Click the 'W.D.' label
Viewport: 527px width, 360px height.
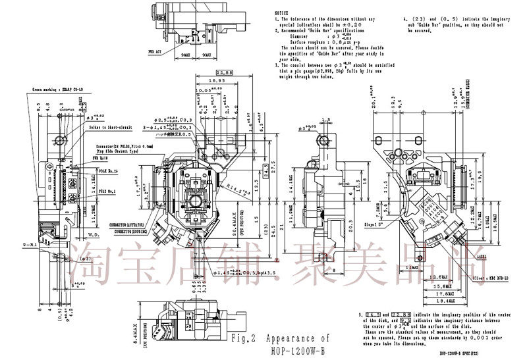[93, 233]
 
